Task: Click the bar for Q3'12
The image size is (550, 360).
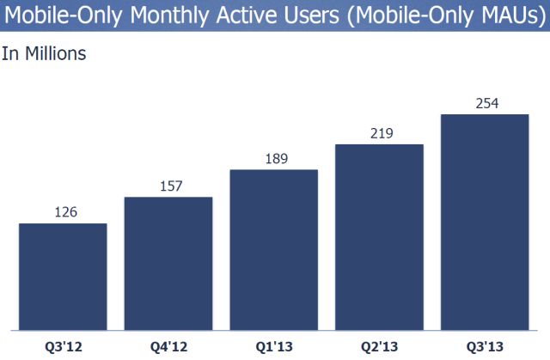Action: (63, 276)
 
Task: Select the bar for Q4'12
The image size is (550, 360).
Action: (168, 263)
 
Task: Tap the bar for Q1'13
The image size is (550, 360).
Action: (274, 249)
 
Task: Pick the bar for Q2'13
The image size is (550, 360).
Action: (379, 236)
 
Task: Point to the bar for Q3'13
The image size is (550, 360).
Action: (485, 222)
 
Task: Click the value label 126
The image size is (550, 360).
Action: (63, 211)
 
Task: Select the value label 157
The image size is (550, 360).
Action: (168, 185)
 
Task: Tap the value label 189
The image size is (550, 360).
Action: (274, 157)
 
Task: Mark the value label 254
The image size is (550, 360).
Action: (485, 102)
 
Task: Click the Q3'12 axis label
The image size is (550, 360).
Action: (63, 346)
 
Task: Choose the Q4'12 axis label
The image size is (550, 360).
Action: (168, 346)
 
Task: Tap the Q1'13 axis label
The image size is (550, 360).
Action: (274, 346)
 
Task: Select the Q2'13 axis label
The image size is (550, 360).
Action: (379, 346)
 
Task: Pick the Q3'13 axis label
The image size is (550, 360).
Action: (485, 346)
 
